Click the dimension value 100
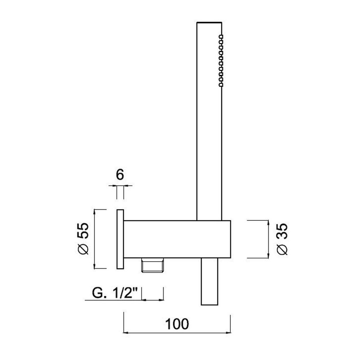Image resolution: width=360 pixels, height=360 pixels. click(x=176, y=323)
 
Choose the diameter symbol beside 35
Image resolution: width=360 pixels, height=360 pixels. click(x=282, y=249)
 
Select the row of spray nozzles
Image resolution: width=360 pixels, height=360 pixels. click(x=220, y=60)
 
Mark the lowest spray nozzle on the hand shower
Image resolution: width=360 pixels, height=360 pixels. click(x=220, y=84)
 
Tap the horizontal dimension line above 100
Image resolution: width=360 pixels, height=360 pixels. click(x=176, y=332)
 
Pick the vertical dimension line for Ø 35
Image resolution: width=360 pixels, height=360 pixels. click(x=267, y=238)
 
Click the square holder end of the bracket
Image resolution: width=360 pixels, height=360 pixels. click(x=214, y=238)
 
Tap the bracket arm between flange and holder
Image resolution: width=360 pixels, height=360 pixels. click(x=160, y=238)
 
